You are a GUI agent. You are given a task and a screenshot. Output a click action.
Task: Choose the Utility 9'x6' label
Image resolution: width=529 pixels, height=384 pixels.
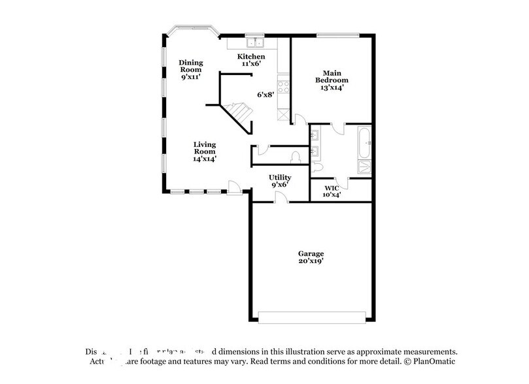(280, 181)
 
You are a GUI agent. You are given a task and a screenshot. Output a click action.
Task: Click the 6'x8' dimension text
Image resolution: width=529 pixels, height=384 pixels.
(264, 95)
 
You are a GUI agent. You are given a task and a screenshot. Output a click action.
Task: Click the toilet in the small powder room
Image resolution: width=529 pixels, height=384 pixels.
(296, 157)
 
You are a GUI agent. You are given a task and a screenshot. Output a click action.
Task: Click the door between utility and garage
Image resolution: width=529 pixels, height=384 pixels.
(280, 198)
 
